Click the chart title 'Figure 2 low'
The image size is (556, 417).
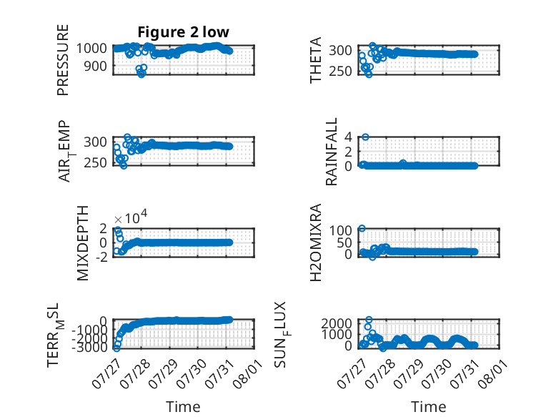click(184, 32)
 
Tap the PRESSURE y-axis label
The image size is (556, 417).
click(63, 60)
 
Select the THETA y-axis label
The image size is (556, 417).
click(315, 60)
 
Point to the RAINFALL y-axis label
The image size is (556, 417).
click(331, 152)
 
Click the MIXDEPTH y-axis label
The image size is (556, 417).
click(82, 243)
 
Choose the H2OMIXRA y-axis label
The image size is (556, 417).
click(315, 242)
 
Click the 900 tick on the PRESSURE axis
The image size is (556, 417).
click(95, 66)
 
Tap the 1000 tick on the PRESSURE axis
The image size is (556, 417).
click(91, 48)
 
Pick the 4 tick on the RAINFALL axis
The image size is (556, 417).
click(348, 137)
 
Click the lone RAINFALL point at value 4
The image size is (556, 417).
click(365, 137)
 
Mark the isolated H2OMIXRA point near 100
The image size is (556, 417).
click(362, 228)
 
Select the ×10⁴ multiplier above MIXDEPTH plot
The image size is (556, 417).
click(131, 217)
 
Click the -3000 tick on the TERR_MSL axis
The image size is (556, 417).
click(89, 348)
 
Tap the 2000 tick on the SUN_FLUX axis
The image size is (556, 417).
click(337, 323)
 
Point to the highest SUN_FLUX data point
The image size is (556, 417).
click(369, 320)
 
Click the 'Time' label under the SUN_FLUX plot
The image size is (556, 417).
click(428, 407)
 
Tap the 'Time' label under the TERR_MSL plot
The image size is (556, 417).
click(184, 407)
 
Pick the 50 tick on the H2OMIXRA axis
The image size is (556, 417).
click(344, 243)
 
